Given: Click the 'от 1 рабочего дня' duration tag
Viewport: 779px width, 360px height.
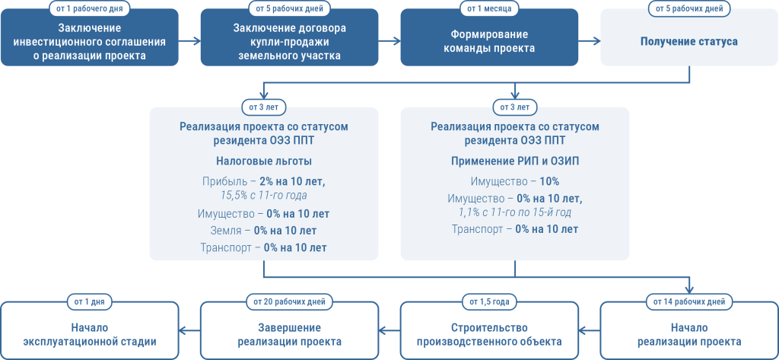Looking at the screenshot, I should [90, 9].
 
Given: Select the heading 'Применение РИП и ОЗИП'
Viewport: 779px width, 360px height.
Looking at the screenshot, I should [515, 161].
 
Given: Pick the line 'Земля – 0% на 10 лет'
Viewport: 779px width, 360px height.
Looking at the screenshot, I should [264, 230].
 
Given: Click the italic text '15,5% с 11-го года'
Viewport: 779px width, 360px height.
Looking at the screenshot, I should [265, 196].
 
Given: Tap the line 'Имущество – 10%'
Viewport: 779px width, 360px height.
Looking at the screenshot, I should [515, 181].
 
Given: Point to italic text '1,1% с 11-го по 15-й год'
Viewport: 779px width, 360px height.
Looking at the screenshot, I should [515, 212].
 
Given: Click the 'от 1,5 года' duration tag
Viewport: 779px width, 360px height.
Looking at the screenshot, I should [489, 302].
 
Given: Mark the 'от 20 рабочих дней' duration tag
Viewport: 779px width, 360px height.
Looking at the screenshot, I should [289, 302].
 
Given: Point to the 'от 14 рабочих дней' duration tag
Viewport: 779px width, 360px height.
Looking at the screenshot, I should [689, 302].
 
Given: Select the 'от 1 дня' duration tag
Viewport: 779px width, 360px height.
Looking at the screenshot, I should [90, 302].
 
